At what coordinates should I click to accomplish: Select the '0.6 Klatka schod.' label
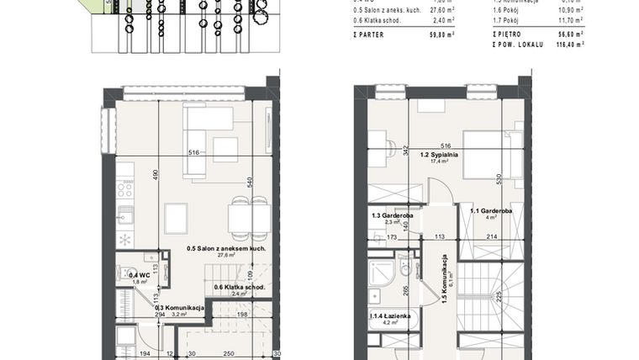coord(240,287)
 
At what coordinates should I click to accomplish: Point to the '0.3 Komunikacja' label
coord(180,308)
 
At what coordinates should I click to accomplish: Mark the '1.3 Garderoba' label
coord(393,214)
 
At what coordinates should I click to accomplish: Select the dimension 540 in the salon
coord(248,181)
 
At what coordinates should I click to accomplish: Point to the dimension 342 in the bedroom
coord(406,151)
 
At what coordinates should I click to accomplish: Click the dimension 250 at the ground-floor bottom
coord(228,354)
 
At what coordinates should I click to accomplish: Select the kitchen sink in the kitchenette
coord(124,214)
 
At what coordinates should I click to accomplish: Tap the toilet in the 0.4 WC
coord(123,273)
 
